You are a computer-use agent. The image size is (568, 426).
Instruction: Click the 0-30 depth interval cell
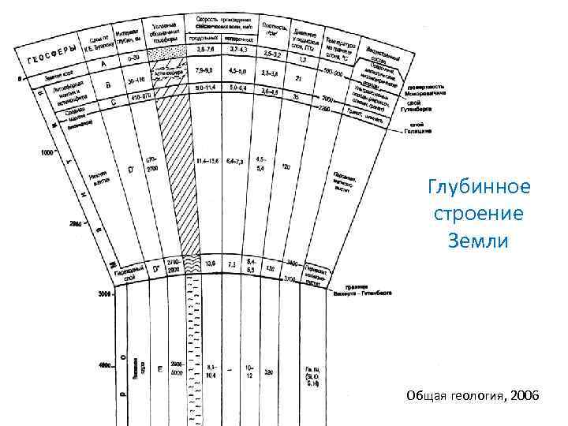(136, 58)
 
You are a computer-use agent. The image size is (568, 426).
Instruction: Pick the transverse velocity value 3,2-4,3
(237, 50)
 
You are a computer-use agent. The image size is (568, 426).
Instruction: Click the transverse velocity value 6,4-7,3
(237, 160)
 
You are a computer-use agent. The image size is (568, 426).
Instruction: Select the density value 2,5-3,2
(271, 53)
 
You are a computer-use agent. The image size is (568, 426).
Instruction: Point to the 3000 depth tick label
(104, 294)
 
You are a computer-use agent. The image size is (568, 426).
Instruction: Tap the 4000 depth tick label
(104, 365)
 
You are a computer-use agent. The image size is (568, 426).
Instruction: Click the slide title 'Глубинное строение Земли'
(480, 213)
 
